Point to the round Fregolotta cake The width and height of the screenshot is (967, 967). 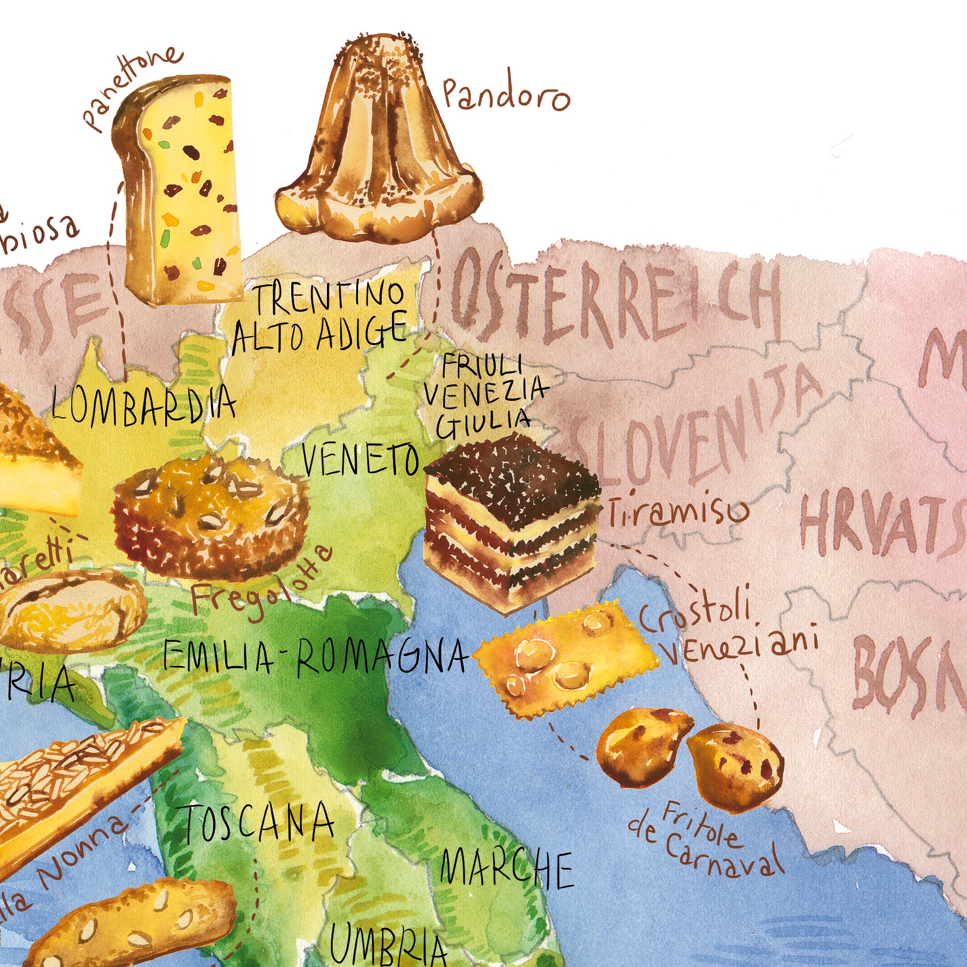[x=210, y=515]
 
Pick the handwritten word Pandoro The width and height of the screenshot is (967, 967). [x=505, y=95]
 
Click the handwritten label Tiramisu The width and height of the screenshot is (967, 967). [x=677, y=512]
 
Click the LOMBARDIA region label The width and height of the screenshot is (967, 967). [x=144, y=405]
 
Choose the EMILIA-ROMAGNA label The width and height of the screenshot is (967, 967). [x=315, y=656]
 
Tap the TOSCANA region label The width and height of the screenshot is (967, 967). [x=258, y=823]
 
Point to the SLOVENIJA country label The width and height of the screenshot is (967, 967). [x=698, y=427]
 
